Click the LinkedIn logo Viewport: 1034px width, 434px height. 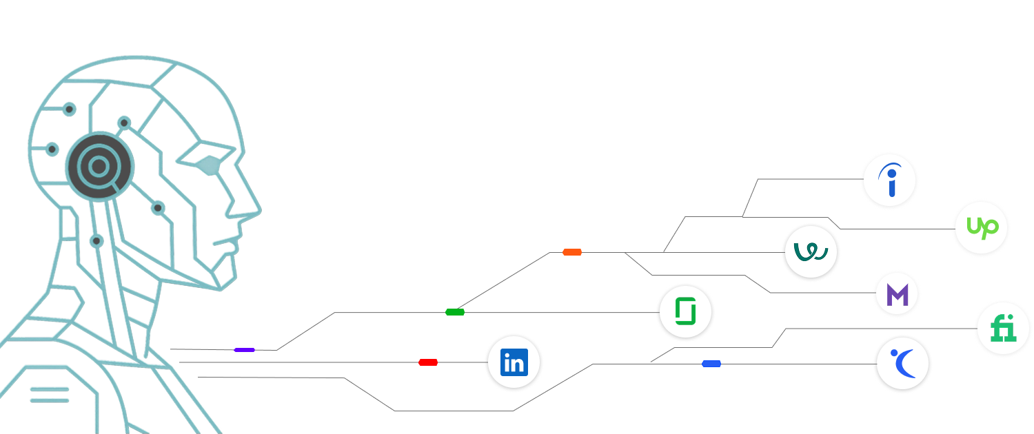click(514, 362)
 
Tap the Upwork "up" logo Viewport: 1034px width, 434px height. click(982, 227)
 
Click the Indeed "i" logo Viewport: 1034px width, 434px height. click(890, 180)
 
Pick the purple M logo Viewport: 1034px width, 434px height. click(897, 294)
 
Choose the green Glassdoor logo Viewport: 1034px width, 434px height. click(685, 311)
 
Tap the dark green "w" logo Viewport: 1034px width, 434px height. click(811, 252)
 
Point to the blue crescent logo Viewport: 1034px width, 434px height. click(904, 363)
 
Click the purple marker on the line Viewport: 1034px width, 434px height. click(244, 350)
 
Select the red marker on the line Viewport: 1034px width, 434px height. click(428, 362)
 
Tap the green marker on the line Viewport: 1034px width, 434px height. click(455, 312)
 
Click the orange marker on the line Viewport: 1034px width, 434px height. click(572, 252)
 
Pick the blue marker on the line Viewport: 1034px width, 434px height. click(711, 364)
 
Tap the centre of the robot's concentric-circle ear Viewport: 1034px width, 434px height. click(99, 166)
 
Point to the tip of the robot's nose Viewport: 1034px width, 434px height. click(260, 210)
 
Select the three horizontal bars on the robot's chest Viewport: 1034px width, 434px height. click(50, 395)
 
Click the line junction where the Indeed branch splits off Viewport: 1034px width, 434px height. click(742, 216)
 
